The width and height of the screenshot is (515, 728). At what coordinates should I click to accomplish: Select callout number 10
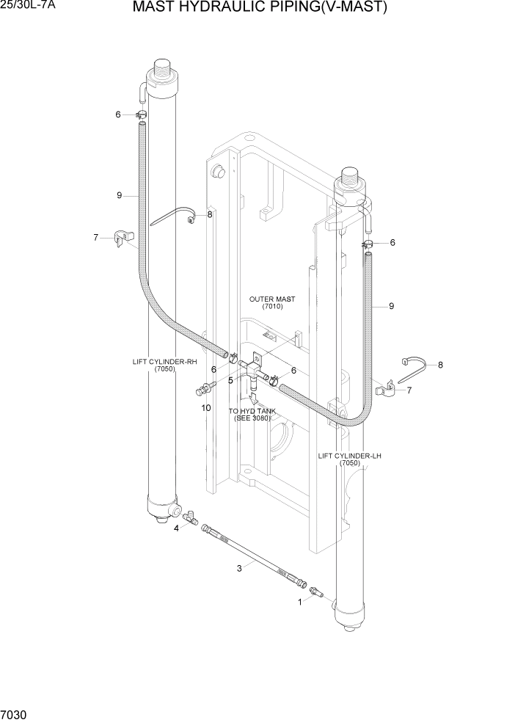[206, 407]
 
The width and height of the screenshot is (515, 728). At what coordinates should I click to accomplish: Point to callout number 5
[230, 380]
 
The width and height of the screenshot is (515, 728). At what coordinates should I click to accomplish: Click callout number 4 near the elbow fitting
[176, 528]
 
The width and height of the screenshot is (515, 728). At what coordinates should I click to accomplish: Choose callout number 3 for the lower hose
[238, 568]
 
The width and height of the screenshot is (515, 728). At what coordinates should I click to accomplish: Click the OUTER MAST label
[271, 299]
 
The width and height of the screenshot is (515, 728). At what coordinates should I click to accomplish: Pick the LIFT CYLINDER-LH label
[350, 456]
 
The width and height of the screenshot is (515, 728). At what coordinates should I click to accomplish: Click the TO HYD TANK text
[252, 411]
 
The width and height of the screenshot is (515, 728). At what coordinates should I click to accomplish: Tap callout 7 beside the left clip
[96, 237]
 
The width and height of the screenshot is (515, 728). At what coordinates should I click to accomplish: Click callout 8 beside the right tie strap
[440, 365]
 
